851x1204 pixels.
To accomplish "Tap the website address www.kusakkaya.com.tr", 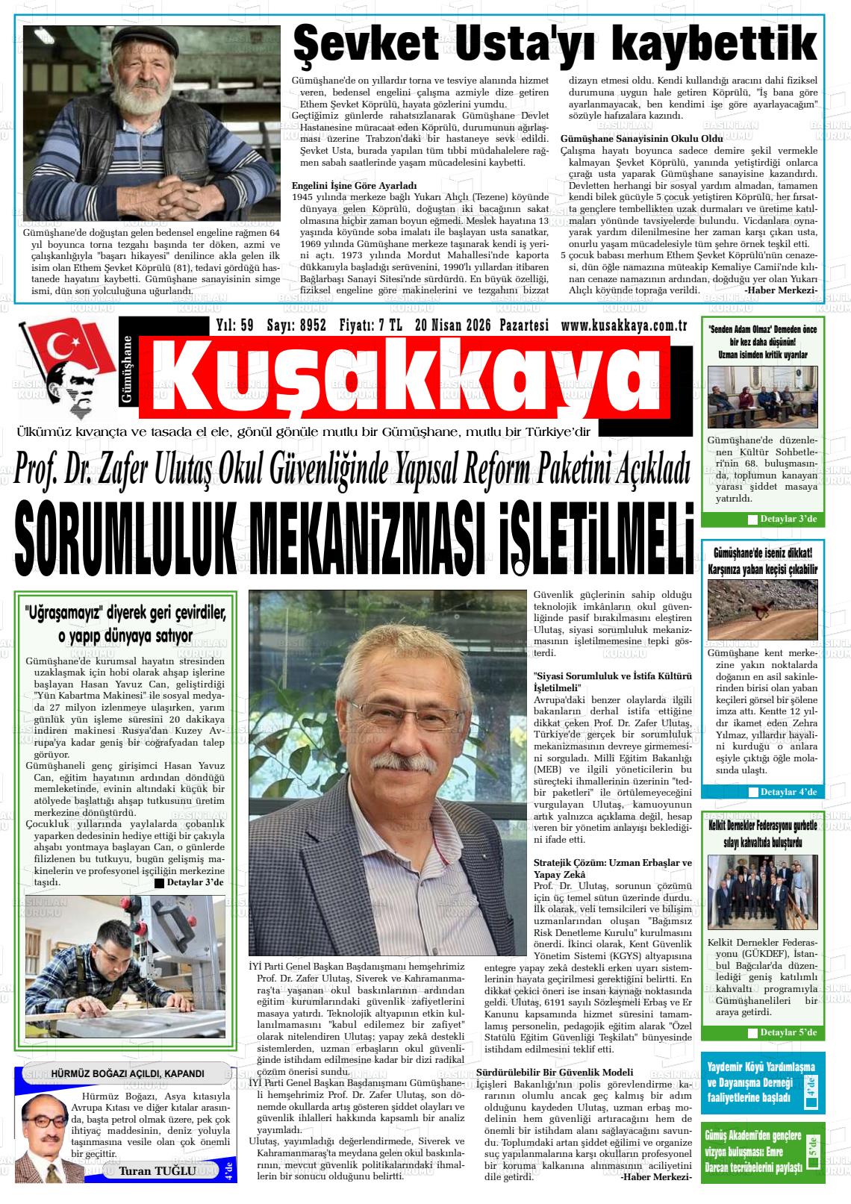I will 623,325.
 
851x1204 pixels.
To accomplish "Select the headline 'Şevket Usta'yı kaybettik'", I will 553,44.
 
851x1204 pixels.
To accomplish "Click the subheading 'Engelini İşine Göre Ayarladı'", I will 354,185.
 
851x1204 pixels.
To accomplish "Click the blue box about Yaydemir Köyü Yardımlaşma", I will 762,1082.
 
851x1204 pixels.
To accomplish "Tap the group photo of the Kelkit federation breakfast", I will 762,892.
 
